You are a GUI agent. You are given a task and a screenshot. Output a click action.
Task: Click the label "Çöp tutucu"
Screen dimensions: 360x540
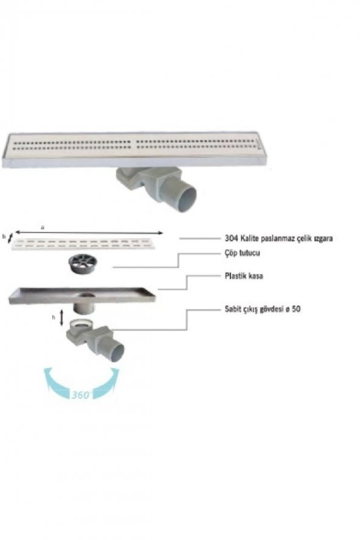(x=242, y=253)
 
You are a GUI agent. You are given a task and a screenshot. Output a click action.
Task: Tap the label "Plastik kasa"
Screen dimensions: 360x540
(x=244, y=276)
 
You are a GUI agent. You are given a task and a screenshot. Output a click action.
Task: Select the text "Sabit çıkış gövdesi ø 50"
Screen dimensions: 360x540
(x=263, y=309)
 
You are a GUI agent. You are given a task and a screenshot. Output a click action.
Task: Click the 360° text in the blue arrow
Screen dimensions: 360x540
(x=81, y=395)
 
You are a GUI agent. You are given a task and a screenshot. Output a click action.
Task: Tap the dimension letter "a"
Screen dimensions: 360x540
(x=43, y=227)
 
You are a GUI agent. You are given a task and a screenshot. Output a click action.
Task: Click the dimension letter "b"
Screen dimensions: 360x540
(x=4, y=237)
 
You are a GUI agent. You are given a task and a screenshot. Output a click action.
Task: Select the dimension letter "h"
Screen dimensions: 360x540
(x=54, y=317)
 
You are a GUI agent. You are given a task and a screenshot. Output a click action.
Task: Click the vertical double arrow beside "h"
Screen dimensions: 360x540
(x=61, y=317)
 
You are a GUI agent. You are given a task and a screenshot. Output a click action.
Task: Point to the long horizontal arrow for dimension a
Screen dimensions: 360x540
(x=89, y=232)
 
